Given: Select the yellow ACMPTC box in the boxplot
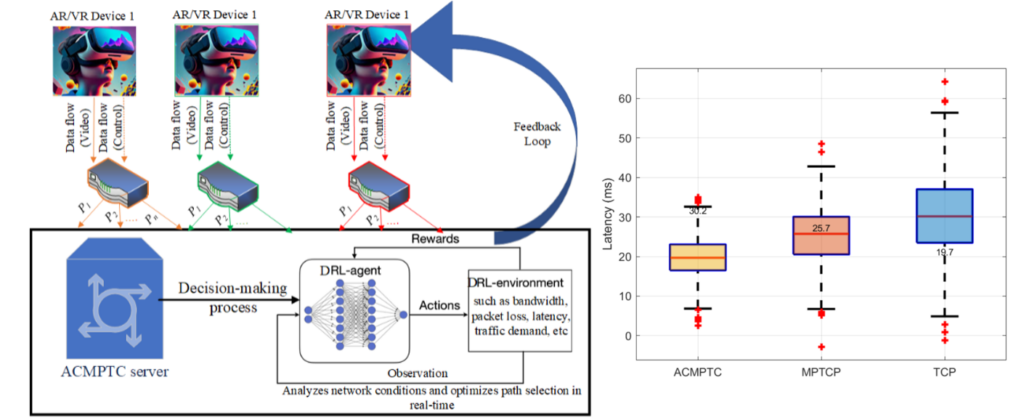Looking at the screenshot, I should tap(699, 257).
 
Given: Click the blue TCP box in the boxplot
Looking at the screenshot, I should tap(945, 216).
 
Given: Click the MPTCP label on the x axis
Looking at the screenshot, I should tap(821, 372).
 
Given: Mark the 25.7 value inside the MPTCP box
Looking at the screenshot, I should tap(822, 229).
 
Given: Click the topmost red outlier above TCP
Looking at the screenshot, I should tap(944, 82).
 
